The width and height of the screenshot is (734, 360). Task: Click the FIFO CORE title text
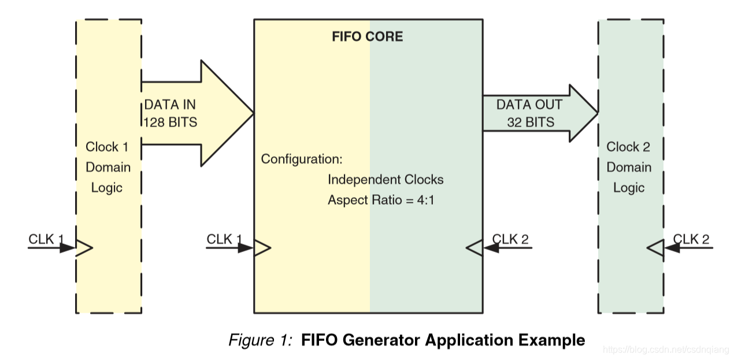click(x=367, y=36)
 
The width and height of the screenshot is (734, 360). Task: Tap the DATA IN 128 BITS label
click(x=170, y=113)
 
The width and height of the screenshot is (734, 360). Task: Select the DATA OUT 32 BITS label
click(x=529, y=113)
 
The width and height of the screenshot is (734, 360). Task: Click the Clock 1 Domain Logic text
click(x=107, y=167)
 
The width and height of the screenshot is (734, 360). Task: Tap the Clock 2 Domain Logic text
click(x=628, y=167)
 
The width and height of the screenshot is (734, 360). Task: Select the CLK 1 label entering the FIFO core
click(x=224, y=239)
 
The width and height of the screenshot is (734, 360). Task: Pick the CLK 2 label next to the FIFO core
click(x=510, y=239)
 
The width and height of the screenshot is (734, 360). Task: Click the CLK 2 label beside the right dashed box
click(x=692, y=239)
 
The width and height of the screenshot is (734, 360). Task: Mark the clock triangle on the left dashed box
click(x=84, y=248)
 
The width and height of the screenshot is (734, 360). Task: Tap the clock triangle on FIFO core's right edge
click(x=474, y=248)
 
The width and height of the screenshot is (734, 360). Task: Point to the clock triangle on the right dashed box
click(x=655, y=248)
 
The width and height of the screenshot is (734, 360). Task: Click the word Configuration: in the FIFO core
click(x=302, y=158)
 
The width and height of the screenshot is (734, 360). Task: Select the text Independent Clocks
click(x=385, y=180)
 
